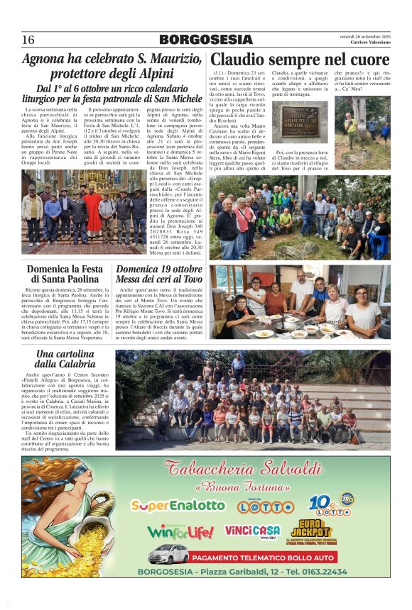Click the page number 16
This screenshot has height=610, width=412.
click(x=28, y=40)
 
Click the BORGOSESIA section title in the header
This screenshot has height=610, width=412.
click(x=205, y=40)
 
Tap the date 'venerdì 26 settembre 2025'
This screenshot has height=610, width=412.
click(x=364, y=36)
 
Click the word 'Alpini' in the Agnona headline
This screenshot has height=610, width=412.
click(x=152, y=74)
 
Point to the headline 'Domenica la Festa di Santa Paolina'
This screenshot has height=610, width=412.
click(x=65, y=275)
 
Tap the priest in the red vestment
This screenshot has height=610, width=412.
click(x=93, y=211)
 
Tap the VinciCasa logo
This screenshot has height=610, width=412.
click(x=253, y=531)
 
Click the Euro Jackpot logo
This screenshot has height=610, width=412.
click(x=310, y=529)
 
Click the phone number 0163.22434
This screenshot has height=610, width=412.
click(x=321, y=572)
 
